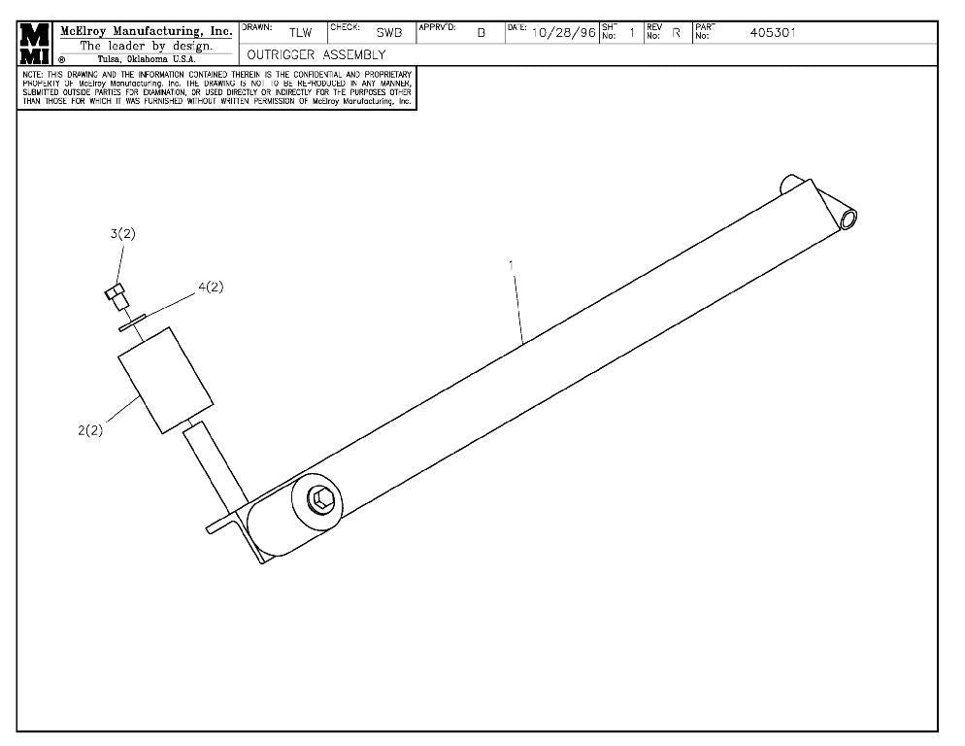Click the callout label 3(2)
pos(122,234)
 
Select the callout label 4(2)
pos(211,287)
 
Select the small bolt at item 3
pos(116,295)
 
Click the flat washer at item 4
pos(132,322)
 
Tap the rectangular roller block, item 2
pos(164,380)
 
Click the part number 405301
pos(773,33)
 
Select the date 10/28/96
pos(564,33)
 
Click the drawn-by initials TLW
pos(300,33)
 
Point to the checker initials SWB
pos(388,33)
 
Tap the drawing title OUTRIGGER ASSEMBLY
pos(316,55)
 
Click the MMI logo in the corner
pos(35,44)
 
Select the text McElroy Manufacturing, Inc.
pos(146,30)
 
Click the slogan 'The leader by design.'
pos(146,45)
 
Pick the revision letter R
pos(676,33)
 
